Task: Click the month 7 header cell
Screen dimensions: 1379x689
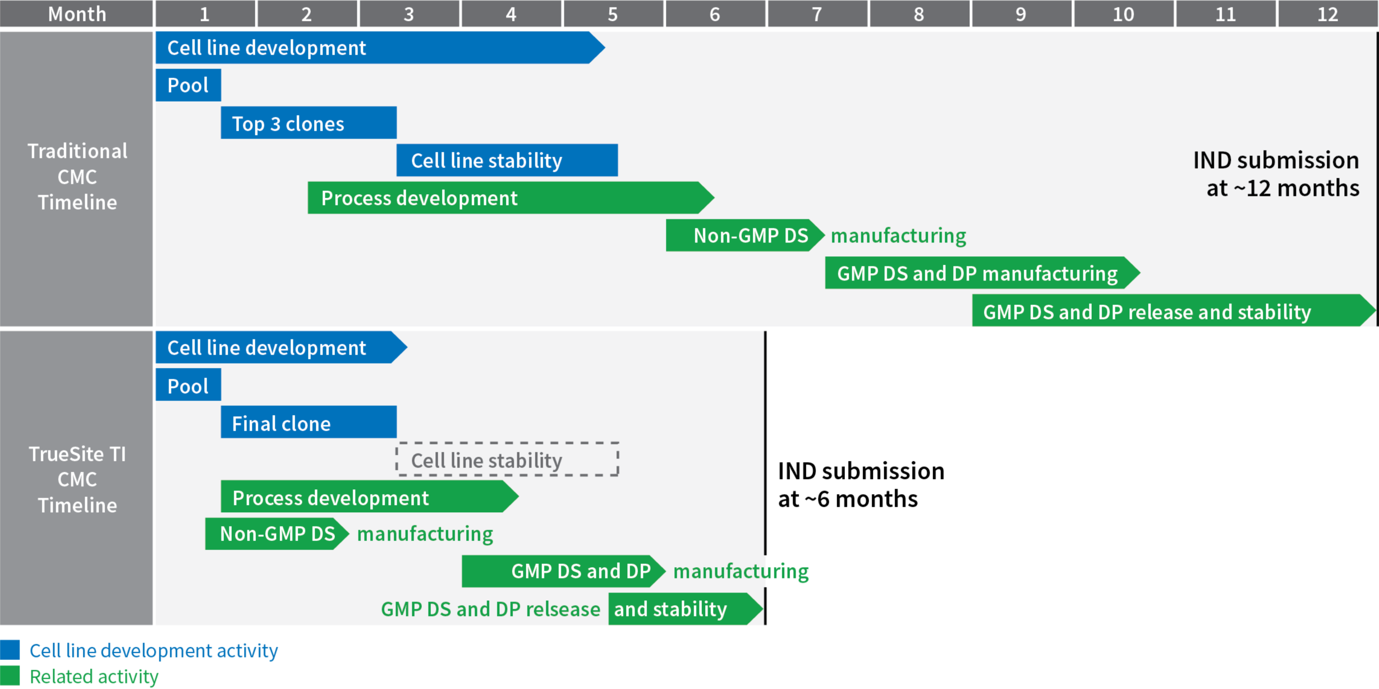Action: point(817,13)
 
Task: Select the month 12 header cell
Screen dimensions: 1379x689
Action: point(1328,13)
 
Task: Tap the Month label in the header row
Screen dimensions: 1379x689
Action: point(77,13)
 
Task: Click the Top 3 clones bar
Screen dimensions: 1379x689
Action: point(309,123)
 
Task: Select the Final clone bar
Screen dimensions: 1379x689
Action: point(309,422)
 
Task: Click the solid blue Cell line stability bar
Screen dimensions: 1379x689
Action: point(507,160)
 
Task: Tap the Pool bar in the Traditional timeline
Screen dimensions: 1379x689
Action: point(189,85)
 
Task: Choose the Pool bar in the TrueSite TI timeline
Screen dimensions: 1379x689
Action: point(189,385)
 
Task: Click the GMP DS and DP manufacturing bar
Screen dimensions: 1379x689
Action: point(982,273)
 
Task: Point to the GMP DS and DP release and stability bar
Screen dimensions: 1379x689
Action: point(1174,310)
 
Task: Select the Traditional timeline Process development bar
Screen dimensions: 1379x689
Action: point(511,197)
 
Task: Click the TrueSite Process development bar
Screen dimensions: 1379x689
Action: point(370,497)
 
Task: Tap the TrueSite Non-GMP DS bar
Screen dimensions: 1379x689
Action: point(277,534)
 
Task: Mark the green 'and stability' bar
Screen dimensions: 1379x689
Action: point(686,609)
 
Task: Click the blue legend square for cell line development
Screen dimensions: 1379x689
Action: point(10,650)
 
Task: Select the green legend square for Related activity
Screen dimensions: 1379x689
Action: point(10,676)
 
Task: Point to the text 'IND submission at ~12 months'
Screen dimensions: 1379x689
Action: point(1276,174)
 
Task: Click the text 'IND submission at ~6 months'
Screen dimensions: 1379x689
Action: point(861,485)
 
